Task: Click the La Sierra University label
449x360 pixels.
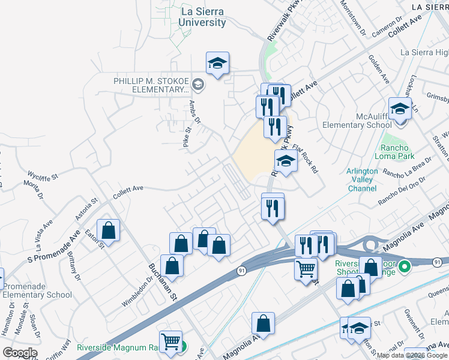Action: (202, 17)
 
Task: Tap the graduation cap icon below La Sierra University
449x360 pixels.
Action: (218, 63)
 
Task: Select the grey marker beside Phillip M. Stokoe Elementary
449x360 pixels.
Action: (199, 85)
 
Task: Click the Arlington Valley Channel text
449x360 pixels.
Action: (362, 179)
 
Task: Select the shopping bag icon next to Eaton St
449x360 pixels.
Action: (108, 230)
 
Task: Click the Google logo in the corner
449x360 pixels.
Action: (20, 353)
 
